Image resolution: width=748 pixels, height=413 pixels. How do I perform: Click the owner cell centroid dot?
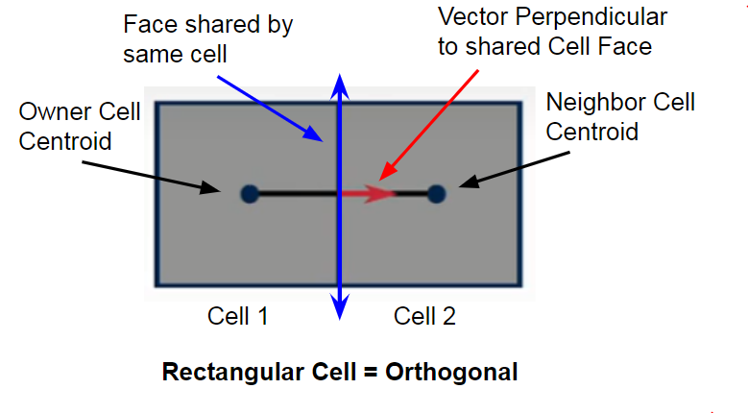pyautogui.click(x=250, y=194)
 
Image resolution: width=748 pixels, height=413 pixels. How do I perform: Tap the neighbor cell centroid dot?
pyautogui.click(x=436, y=194)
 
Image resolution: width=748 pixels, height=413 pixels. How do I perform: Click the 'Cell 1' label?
pyautogui.click(x=237, y=315)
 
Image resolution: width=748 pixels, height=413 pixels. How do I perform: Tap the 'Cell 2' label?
pyautogui.click(x=423, y=315)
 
